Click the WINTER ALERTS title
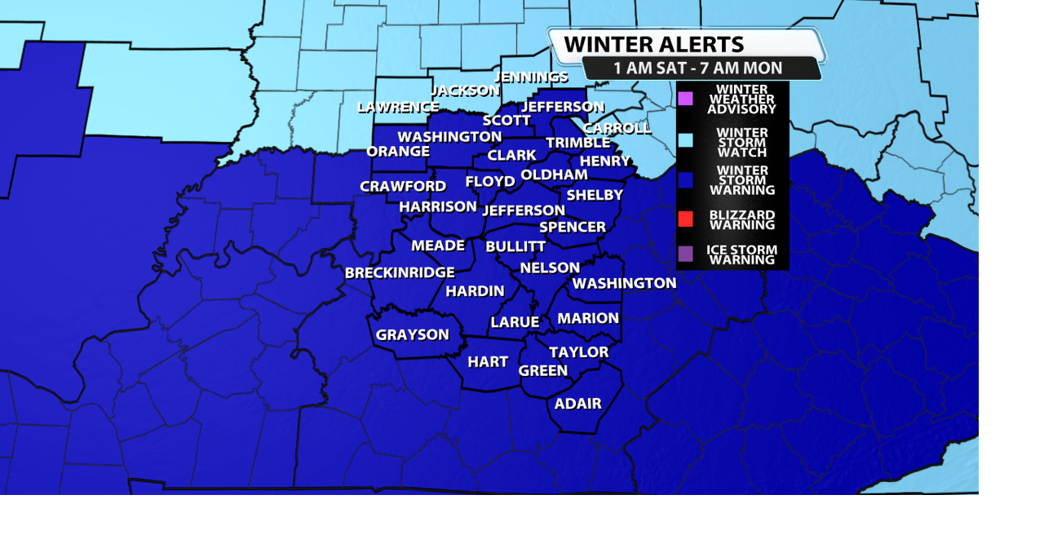pos(653,44)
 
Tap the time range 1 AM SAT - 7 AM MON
pos(697,68)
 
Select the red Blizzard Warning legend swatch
pos(685,219)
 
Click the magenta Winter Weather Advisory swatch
pos(685,99)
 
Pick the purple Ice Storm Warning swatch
pos(685,254)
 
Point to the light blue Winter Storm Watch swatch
pos(685,140)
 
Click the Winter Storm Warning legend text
pos(741,180)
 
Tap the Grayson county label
pos(412,334)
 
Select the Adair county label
pos(577,404)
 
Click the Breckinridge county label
pos(400,272)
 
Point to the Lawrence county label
pos(398,107)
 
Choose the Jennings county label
pos(531,77)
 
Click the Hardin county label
pos(475,291)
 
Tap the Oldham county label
pos(554,175)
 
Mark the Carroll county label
pos(617,128)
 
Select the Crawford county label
pos(403,187)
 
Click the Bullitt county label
pos(515,246)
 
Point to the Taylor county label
pos(578,352)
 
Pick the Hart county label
pos(488,361)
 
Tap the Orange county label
pos(398,151)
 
